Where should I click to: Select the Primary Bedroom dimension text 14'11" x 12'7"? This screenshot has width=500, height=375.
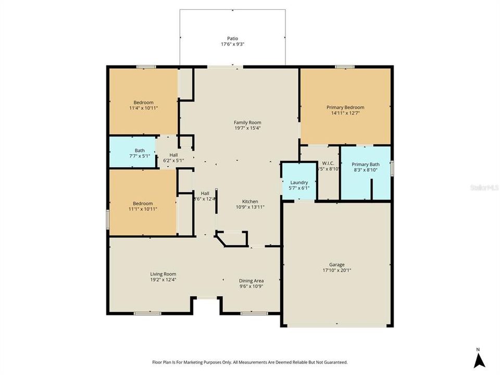(x=345, y=113)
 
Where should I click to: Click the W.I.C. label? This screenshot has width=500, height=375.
(x=328, y=163)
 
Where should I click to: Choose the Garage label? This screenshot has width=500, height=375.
(x=336, y=265)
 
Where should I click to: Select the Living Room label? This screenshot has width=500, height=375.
(x=163, y=274)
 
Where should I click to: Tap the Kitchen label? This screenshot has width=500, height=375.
(x=250, y=201)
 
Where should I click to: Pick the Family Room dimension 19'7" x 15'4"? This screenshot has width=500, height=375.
(x=247, y=128)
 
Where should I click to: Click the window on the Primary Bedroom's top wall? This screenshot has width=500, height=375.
(x=344, y=67)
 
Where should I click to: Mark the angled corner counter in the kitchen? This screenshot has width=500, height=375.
(x=222, y=240)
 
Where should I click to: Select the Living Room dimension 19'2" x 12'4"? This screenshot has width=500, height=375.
(x=163, y=280)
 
